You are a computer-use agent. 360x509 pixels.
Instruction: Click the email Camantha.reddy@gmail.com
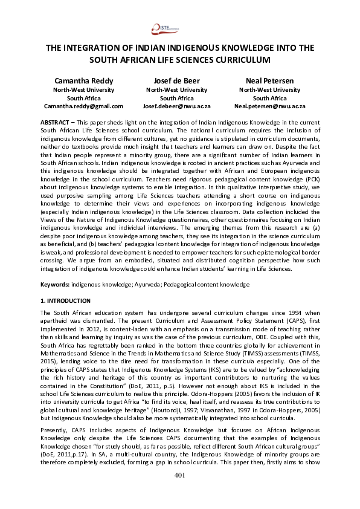click(83, 106)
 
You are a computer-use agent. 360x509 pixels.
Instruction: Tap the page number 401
click(179, 491)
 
